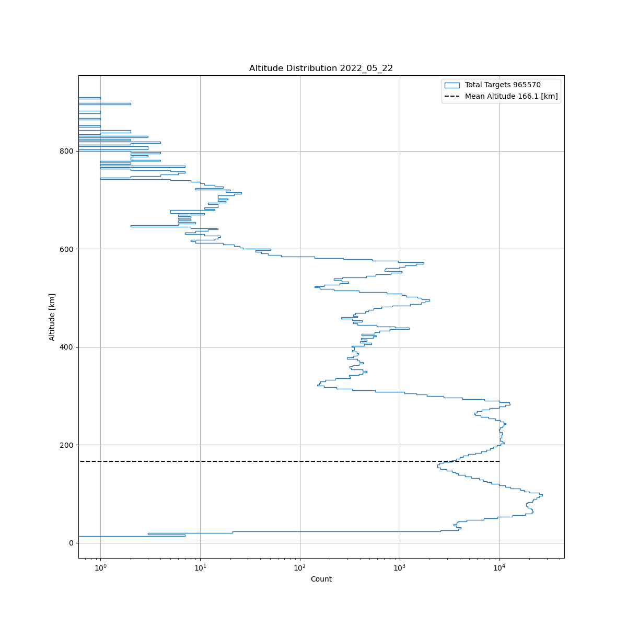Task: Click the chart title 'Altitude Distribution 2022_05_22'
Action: click(x=321, y=68)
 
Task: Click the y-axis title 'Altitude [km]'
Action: click(x=52, y=317)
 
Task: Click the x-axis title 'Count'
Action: click(x=321, y=579)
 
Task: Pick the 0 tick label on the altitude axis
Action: click(x=71, y=543)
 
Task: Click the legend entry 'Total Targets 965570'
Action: click(x=503, y=85)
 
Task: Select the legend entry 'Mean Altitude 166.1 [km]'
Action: click(x=511, y=96)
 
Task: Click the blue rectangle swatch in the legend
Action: click(x=452, y=85)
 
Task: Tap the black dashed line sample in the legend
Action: click(x=452, y=96)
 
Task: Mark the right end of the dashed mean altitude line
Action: click(x=500, y=461)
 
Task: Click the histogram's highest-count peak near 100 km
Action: click(x=542, y=495)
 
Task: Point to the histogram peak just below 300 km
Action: click(x=509, y=404)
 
